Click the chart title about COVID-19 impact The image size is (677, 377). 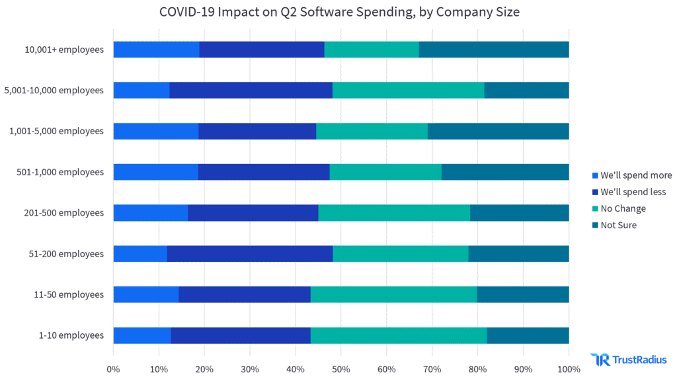click(339, 12)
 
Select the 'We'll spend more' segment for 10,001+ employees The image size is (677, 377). click(156, 49)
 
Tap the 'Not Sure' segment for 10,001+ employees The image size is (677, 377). click(494, 49)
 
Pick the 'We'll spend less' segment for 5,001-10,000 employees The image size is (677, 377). click(251, 90)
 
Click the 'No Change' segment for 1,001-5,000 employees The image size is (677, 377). click(372, 131)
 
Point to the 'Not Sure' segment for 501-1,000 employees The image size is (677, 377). click(505, 172)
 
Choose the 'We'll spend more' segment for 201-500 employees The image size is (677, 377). click(151, 213)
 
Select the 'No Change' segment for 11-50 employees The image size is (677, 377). click(393, 294)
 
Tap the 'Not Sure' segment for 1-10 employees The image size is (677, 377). click(528, 335)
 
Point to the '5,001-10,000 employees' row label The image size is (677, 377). click(54, 90)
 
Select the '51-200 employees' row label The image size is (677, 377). click(69, 254)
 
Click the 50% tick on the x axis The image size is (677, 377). click(341, 368)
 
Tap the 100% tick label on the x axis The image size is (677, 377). click(569, 368)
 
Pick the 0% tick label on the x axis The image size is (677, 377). click(113, 368)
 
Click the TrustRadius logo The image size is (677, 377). click(629, 359)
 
